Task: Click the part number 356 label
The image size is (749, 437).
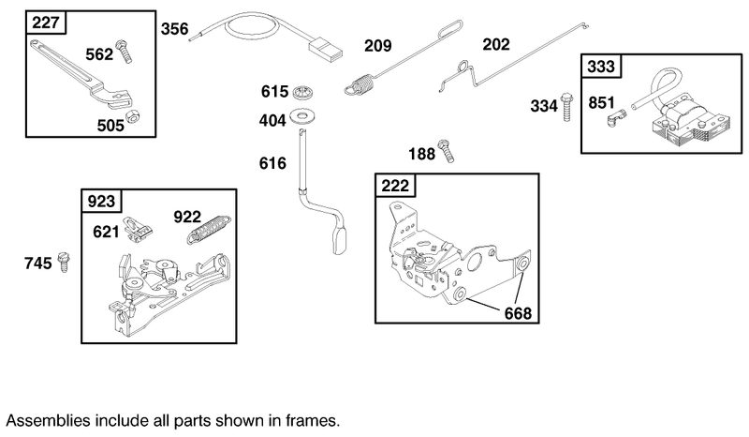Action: click(x=174, y=29)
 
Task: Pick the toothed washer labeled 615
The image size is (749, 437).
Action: click(x=301, y=92)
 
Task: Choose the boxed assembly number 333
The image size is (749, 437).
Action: click(x=599, y=67)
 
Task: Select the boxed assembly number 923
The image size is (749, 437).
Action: click(x=101, y=202)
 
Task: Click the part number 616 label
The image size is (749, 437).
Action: click(x=273, y=163)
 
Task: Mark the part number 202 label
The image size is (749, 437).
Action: click(x=496, y=44)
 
